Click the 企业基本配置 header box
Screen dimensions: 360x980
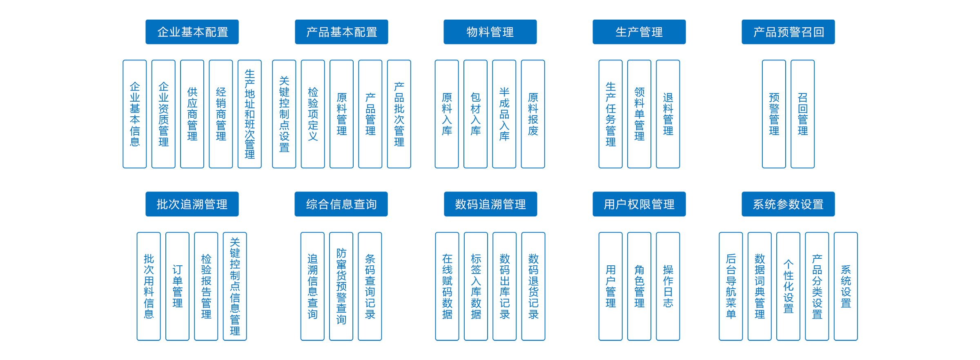192,32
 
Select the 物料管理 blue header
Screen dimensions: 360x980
490,32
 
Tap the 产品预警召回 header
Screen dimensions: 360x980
788,32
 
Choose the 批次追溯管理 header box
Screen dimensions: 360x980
192,204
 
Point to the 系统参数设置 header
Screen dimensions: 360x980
788,204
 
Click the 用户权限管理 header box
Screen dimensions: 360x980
639,204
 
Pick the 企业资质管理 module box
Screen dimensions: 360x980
163,114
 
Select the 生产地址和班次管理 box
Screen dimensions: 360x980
249,114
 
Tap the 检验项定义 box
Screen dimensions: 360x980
313,114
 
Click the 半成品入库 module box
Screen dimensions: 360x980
504,114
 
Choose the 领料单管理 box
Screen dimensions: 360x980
639,114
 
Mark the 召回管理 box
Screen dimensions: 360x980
802,114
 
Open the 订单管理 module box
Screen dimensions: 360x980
177,286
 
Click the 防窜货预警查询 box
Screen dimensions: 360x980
341,286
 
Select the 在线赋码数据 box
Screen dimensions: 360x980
447,286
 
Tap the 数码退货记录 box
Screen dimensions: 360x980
533,286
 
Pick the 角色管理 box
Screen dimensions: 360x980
639,286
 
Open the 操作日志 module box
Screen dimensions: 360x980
668,286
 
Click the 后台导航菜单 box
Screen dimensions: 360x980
731,286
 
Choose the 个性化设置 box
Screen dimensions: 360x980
788,286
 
